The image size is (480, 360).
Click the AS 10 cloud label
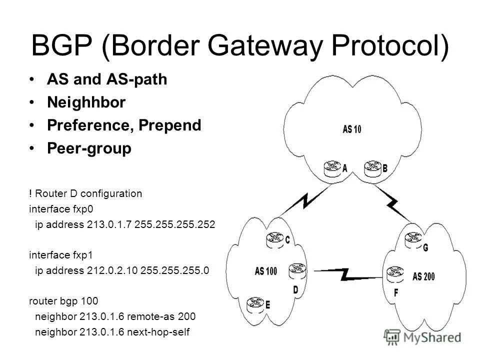coord(352,128)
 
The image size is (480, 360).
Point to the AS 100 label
coord(265,271)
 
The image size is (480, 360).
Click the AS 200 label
coord(424,276)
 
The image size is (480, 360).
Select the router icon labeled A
coord(331,168)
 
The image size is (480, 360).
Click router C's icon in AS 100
coord(274,239)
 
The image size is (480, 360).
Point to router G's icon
coord(413,239)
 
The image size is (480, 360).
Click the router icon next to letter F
coord(393,272)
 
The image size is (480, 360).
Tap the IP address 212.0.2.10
coord(112,270)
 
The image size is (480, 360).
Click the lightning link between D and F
coord(345,273)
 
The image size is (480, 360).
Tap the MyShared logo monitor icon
coord(393,336)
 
